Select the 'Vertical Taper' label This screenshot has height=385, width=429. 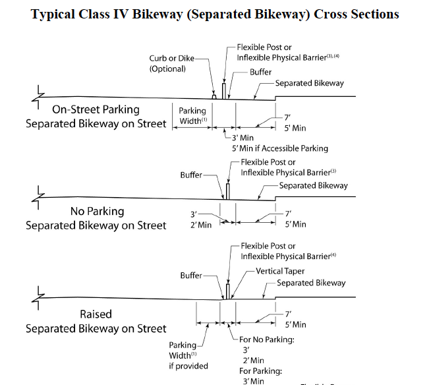tap(280, 271)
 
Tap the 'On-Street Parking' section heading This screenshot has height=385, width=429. tap(96, 109)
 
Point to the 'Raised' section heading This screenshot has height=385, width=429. tap(96, 314)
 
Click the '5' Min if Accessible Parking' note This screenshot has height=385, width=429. tap(279, 148)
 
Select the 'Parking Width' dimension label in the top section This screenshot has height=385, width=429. tap(192, 116)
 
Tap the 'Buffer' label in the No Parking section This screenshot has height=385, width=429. tap(191, 175)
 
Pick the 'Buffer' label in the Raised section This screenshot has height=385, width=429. tap(191, 276)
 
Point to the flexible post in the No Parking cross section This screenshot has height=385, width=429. tap(227, 191)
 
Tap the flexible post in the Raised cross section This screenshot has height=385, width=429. tap(227, 291)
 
